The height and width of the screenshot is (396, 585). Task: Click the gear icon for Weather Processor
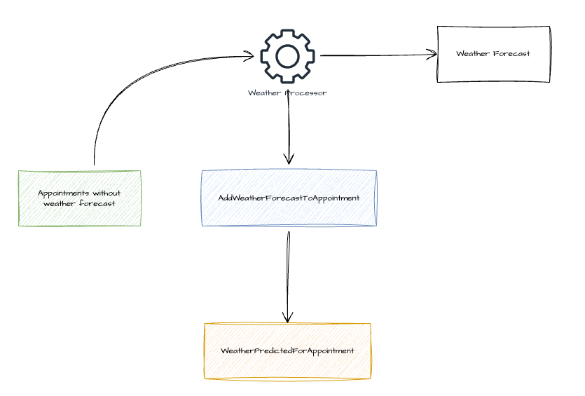pyautogui.click(x=288, y=56)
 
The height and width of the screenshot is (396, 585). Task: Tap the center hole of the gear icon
pyautogui.click(x=288, y=56)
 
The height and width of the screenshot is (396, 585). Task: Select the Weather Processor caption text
pyautogui.click(x=287, y=93)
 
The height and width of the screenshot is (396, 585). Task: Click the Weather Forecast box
pyautogui.click(x=493, y=54)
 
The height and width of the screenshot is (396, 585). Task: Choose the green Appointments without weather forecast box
pyautogui.click(x=79, y=198)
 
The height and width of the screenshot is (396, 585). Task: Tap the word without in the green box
pyautogui.click(x=106, y=193)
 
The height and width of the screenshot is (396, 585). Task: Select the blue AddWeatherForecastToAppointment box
pyautogui.click(x=289, y=198)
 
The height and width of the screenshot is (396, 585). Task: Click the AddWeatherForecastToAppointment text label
pyautogui.click(x=289, y=198)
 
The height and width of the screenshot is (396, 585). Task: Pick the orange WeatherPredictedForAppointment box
pyautogui.click(x=287, y=351)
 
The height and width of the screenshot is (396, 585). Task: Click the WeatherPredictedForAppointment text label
pyautogui.click(x=287, y=350)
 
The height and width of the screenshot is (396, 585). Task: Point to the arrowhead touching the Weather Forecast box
pyautogui.click(x=432, y=54)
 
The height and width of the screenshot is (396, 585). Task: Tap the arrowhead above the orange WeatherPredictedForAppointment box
pyautogui.click(x=287, y=318)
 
